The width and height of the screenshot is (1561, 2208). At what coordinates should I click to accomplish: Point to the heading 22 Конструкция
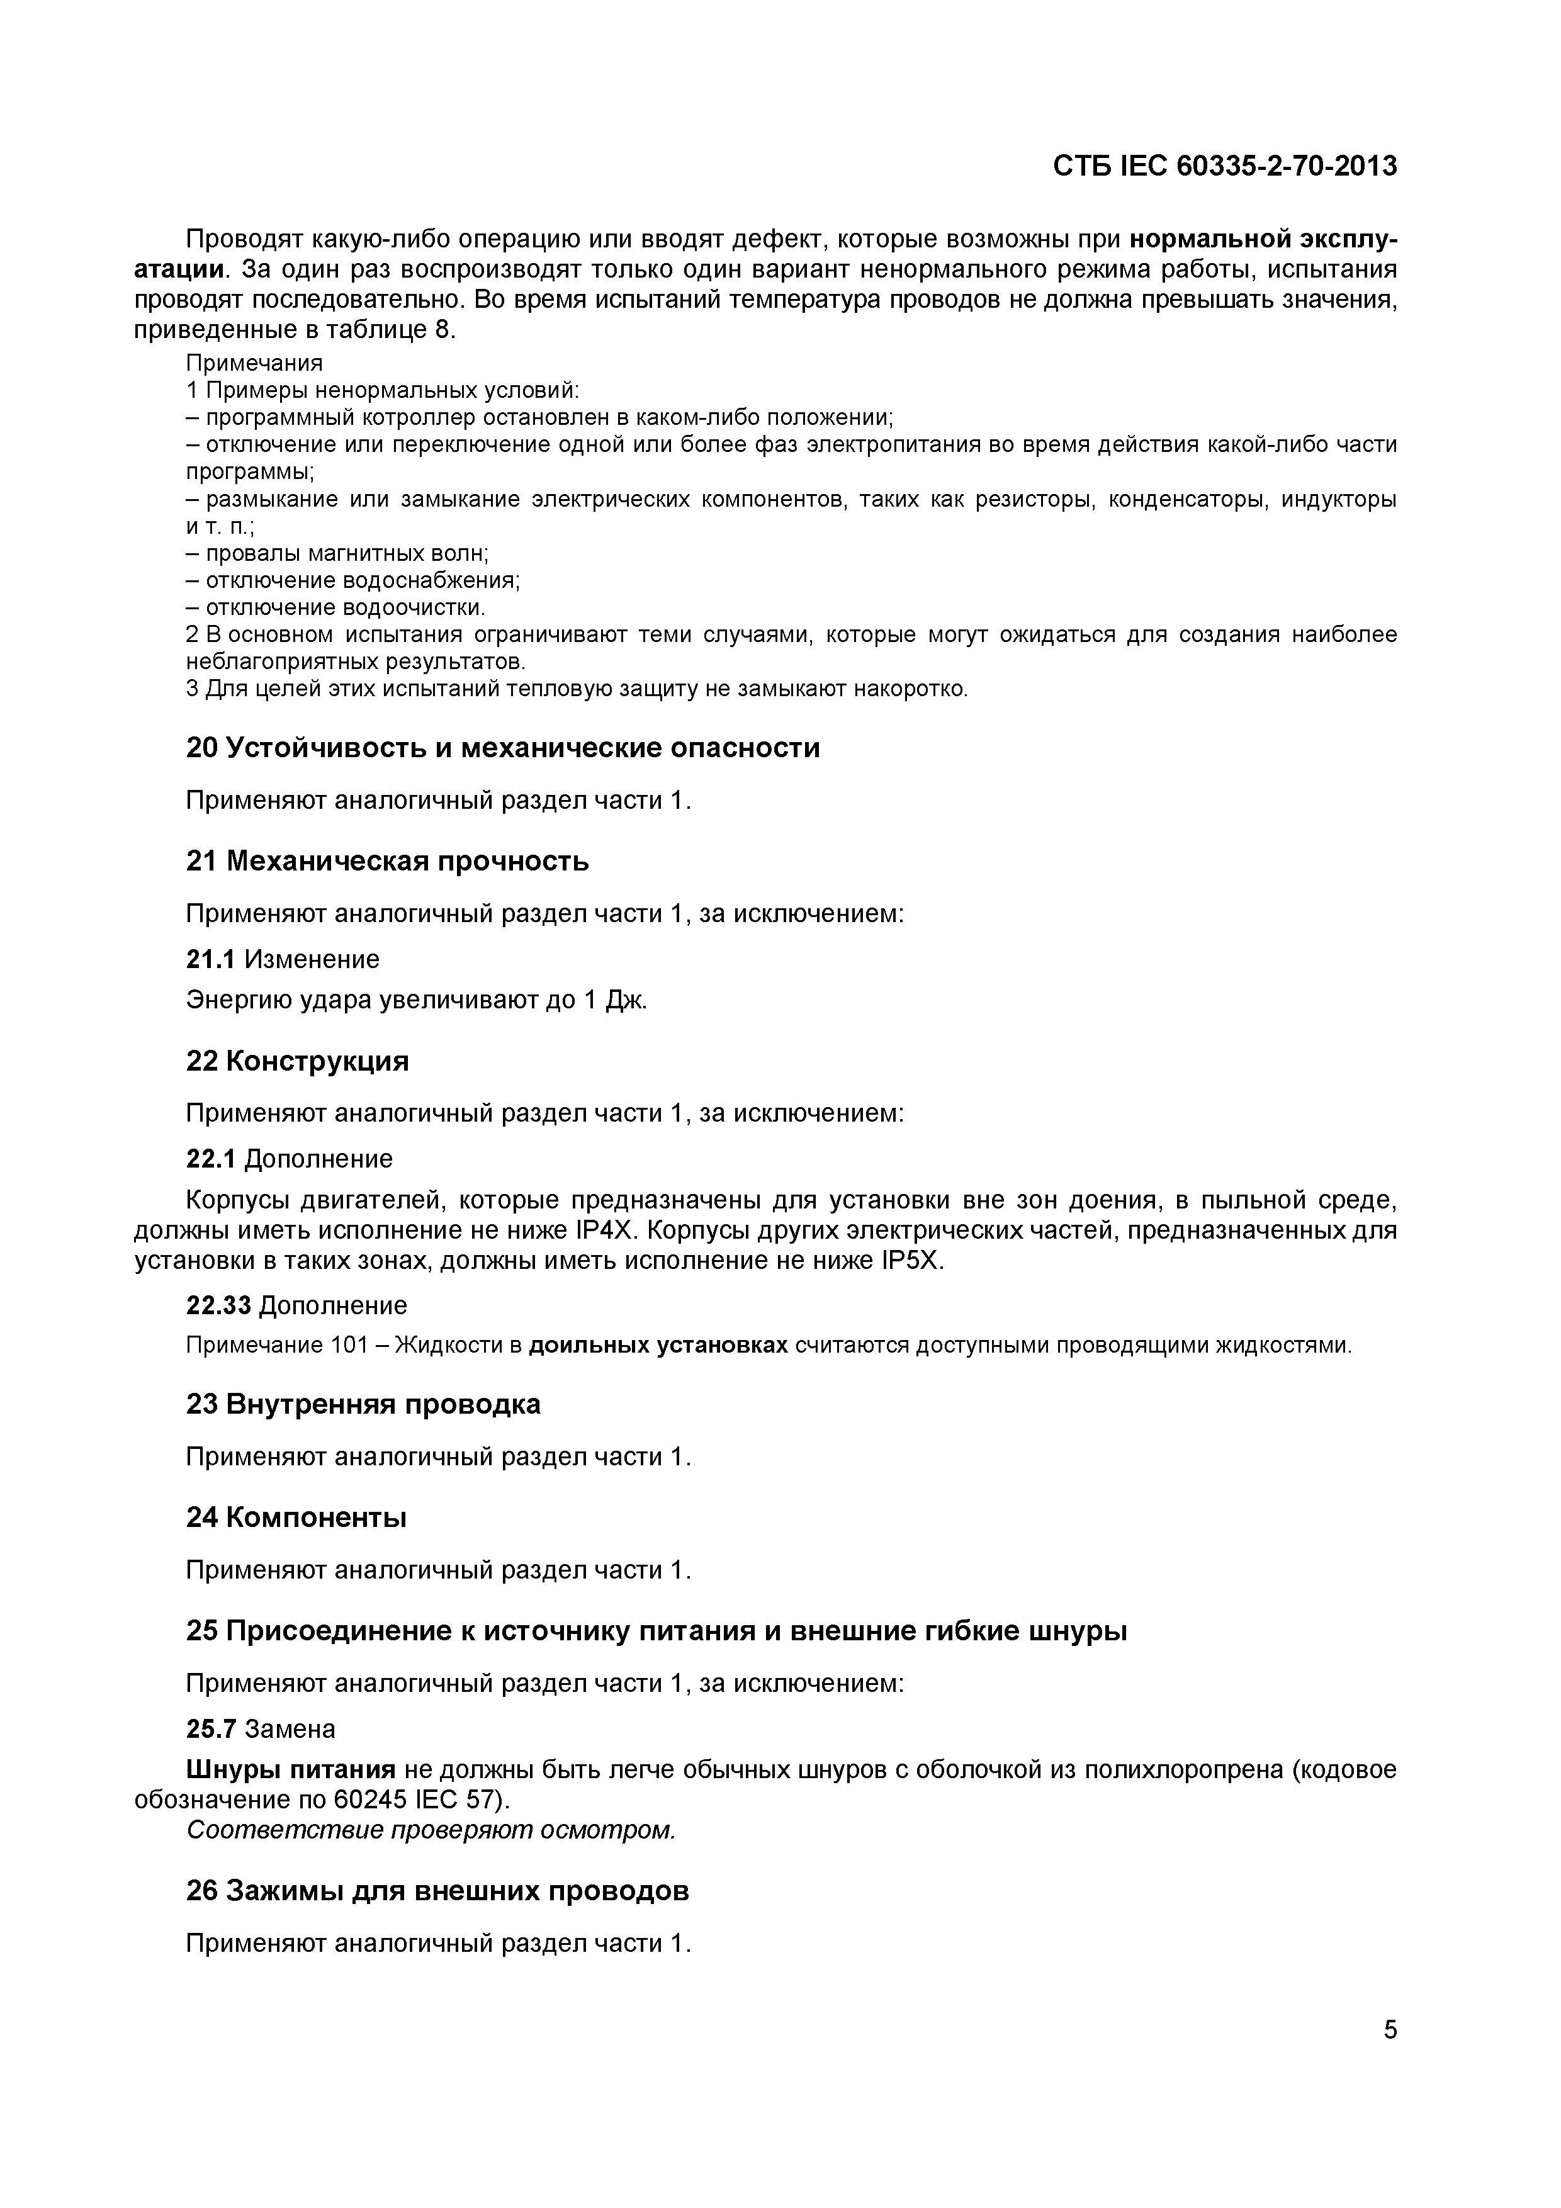coord(297,1061)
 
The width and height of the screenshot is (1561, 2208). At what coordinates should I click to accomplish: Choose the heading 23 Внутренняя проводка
coord(363,1404)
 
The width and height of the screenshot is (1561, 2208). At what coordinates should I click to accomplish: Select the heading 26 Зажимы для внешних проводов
coord(437,1891)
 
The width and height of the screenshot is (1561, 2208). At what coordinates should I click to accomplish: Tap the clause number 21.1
coord(210,959)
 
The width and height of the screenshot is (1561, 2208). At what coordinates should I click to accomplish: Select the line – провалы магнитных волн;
coord(337,553)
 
